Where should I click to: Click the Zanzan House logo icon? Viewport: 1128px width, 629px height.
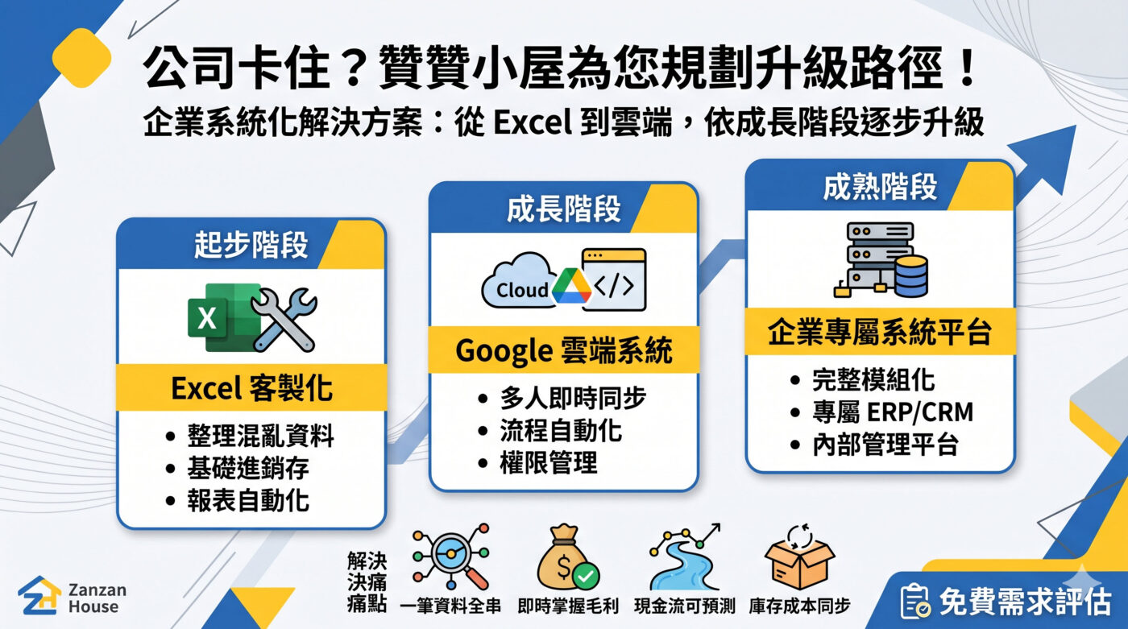(x=39, y=596)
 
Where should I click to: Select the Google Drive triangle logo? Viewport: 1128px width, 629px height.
(x=571, y=287)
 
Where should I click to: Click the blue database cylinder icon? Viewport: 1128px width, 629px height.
(x=910, y=275)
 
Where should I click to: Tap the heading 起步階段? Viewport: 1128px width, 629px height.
(x=251, y=246)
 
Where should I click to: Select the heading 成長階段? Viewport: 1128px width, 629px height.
(x=563, y=209)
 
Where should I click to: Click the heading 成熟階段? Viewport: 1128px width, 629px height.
(x=880, y=187)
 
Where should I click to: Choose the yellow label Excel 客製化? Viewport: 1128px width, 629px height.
(x=251, y=388)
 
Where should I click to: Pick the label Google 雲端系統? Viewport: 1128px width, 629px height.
(x=563, y=351)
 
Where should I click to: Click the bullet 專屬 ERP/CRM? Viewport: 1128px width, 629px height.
(x=892, y=412)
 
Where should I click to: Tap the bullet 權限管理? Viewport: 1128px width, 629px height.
(x=548, y=463)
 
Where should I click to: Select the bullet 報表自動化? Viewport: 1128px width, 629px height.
(x=247, y=500)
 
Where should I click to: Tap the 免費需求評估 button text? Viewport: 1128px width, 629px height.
(x=1024, y=601)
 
